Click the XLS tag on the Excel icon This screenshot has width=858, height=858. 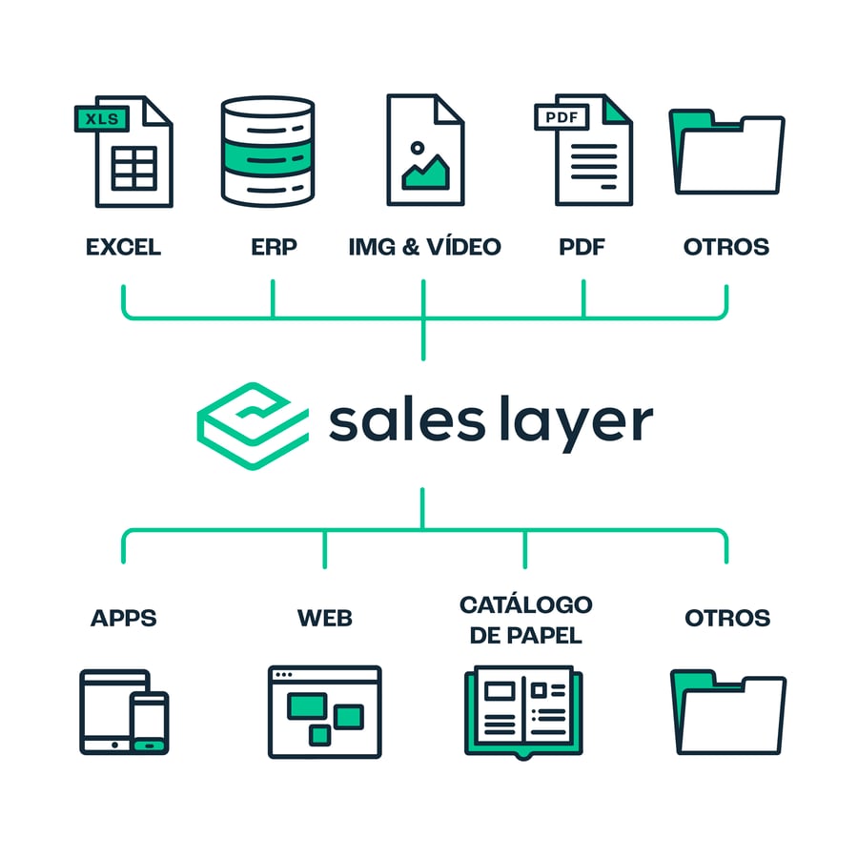coord(102,119)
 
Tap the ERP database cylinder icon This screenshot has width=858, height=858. coord(268,152)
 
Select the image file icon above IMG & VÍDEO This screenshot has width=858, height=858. coord(425,150)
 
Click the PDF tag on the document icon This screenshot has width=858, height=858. coord(562,117)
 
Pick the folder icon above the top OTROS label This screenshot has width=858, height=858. coord(726,153)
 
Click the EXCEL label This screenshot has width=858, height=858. coord(124,247)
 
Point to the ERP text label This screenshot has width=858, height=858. coord(274,247)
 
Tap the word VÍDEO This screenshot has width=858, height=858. coord(464,246)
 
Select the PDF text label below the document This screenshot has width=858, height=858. coord(582,247)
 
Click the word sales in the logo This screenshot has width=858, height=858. coord(407,422)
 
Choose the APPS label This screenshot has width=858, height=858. coord(124,619)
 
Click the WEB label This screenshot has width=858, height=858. coord(325,619)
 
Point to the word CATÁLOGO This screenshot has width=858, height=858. coord(526,604)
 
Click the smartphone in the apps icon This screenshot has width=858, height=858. coord(149,723)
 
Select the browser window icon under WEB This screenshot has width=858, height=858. coord(324,712)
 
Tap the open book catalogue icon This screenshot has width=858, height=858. coord(523,711)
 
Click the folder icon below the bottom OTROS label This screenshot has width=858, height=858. coord(727,712)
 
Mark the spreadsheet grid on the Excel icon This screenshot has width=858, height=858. coord(134,168)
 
